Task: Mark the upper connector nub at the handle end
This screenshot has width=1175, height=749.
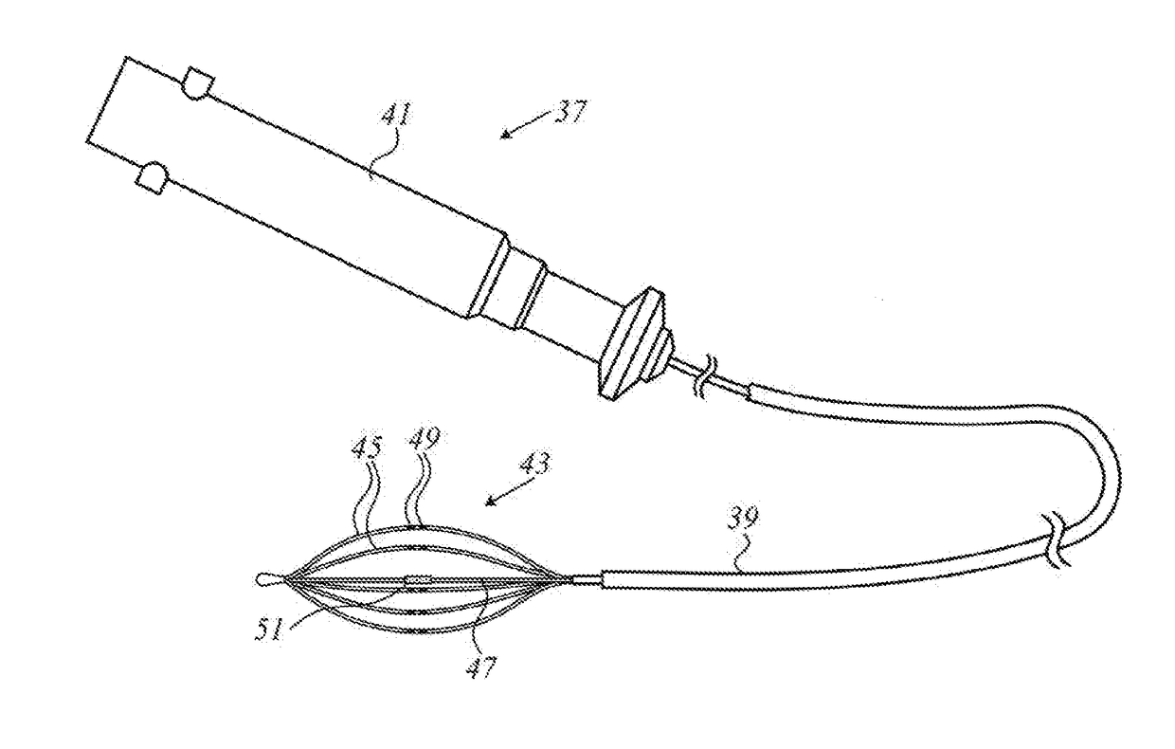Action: [197, 84]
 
